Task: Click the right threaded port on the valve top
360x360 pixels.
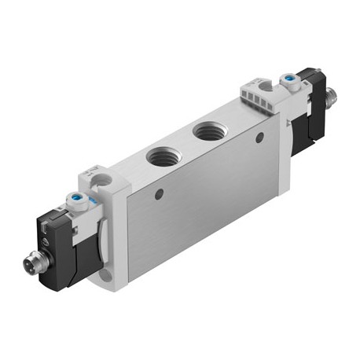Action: pos(208,130)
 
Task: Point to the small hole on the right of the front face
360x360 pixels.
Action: pos(259,137)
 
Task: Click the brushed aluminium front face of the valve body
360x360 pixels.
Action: pos(197,212)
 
